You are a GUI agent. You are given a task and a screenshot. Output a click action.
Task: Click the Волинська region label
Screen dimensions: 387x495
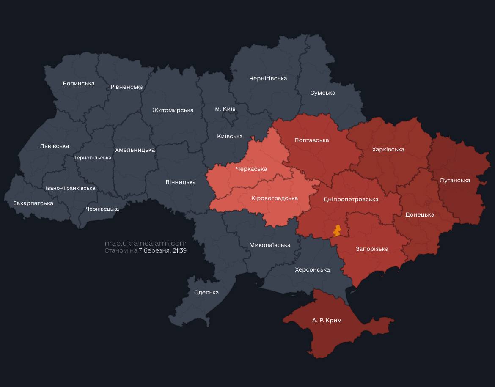pos(79,83)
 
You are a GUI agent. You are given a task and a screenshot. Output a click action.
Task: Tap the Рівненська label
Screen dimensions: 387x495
pos(127,87)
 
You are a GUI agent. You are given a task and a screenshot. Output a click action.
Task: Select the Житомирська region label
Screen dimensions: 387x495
pos(173,110)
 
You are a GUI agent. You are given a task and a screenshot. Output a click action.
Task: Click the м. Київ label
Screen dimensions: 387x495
pos(225,109)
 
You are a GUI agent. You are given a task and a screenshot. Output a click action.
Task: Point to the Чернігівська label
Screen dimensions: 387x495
pos(268,78)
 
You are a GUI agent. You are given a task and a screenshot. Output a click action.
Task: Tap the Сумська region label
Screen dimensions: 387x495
pos(323,93)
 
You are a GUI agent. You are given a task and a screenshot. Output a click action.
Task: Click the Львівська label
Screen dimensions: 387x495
pos(55,146)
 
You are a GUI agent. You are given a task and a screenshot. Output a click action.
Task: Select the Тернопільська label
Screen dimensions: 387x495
pos(93,158)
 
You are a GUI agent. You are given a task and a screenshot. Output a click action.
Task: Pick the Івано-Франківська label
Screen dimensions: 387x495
pos(71,188)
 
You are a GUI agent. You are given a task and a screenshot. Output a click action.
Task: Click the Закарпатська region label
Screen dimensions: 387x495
pos(33,203)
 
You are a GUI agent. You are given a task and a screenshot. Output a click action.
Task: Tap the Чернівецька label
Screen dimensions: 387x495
pos(102,209)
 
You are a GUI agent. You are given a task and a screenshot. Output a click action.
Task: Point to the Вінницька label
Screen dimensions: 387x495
pos(181,182)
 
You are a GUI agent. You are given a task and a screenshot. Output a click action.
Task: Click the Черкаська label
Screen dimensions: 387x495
pos(251,169)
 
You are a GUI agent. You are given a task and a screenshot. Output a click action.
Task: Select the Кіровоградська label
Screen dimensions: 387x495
pos(275,198)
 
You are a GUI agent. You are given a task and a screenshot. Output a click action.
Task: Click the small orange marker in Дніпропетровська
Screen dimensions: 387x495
pos(337,231)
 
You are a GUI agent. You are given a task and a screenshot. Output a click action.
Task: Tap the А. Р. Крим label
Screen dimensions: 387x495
pos(327,320)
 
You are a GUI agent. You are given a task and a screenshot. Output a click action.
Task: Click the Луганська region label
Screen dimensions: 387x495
pos(455,180)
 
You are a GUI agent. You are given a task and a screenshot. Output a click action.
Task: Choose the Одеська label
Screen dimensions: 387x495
pos(206,292)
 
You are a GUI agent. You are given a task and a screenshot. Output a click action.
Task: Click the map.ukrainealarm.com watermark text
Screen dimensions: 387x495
pos(146,243)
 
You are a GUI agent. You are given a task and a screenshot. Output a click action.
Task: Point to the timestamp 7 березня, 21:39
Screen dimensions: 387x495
pos(163,250)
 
